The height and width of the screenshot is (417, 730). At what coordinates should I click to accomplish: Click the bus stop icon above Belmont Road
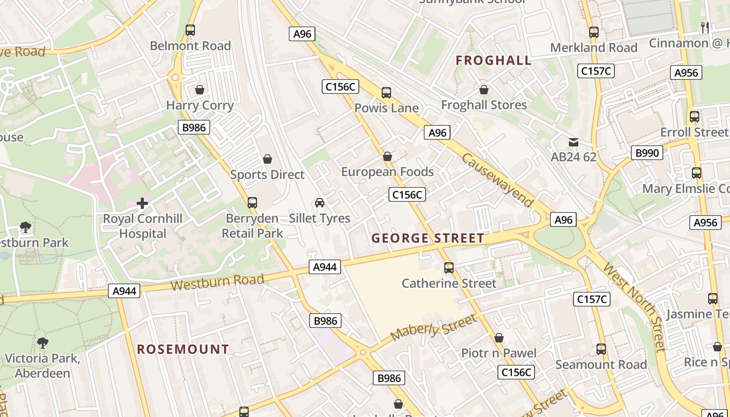pos(190,30)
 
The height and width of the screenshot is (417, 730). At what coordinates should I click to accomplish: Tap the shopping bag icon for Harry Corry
pos(199,90)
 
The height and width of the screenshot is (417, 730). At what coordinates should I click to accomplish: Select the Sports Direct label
pos(267,175)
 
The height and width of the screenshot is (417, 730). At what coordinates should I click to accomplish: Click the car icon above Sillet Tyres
pos(320,203)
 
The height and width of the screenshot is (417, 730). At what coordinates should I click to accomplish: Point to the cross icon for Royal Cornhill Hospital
pos(142,203)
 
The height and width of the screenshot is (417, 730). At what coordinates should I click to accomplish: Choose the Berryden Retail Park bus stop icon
pos(252,202)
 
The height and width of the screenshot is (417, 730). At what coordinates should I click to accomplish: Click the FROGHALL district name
pos(493,60)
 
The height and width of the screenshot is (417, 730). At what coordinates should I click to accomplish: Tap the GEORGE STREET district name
pos(428,239)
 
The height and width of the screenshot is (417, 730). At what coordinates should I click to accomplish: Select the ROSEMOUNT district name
pos(183,349)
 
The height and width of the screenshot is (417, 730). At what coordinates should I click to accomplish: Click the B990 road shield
pos(647,153)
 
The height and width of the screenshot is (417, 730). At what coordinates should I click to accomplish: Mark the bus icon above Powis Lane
pos(386,93)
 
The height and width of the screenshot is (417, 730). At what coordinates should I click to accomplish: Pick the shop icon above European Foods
pos(387,156)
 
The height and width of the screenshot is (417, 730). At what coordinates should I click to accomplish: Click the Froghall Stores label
pos(484,105)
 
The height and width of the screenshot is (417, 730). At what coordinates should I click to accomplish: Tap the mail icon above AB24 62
pos(574,142)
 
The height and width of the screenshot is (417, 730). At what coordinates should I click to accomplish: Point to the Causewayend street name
pos(498,180)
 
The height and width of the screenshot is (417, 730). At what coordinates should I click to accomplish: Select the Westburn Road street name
pos(217,283)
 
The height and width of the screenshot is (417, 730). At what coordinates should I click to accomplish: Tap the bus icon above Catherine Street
pos(449,268)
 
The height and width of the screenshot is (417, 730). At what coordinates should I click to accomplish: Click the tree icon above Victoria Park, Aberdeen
pos(43,342)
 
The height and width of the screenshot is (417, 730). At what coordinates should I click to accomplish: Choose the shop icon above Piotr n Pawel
pos(499,338)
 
